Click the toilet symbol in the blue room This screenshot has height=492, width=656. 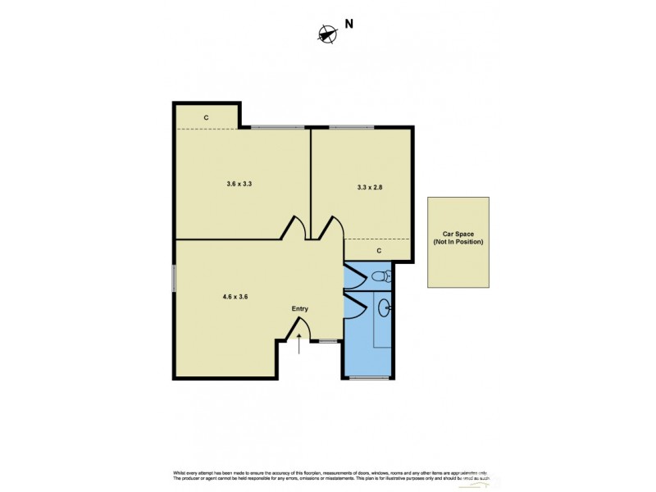pos(382,277)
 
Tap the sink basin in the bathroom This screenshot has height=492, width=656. pos(385,308)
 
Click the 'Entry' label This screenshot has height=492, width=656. pos(300,308)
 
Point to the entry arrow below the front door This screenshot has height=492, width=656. pos(299,344)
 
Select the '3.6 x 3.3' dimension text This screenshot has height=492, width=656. pos(239,184)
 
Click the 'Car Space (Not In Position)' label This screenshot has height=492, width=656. pos(458,238)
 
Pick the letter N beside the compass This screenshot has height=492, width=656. pos(348,25)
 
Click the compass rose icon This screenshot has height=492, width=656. pos(327,34)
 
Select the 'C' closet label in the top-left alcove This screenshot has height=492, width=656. pos(206,118)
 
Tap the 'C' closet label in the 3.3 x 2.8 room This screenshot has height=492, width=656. pos(379,250)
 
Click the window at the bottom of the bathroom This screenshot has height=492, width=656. pos(367,378)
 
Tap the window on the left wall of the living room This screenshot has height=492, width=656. pos(174,278)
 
